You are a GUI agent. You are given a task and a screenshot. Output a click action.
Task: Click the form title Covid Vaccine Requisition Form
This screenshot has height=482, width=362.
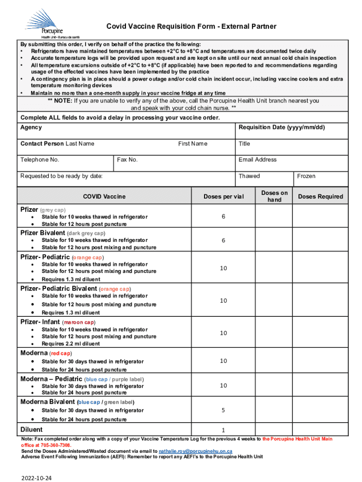(x=191, y=26)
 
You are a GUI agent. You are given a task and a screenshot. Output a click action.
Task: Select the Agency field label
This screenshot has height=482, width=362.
(x=31, y=128)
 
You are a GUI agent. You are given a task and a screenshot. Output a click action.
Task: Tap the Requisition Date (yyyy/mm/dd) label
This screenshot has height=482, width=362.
(x=281, y=128)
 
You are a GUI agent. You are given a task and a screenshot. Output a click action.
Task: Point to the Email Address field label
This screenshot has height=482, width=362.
(x=257, y=160)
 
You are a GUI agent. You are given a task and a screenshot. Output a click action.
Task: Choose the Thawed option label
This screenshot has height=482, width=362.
(x=249, y=176)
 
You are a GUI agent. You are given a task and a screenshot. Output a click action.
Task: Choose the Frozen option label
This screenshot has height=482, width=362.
(x=306, y=176)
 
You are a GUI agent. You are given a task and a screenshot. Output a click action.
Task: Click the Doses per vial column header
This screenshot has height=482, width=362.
(x=223, y=196)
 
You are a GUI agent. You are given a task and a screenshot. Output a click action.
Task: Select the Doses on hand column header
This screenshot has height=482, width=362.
(x=274, y=196)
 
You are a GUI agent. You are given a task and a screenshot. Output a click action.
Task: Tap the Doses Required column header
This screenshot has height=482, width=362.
(x=321, y=196)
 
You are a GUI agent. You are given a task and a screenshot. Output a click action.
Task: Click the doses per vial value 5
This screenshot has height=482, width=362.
(x=223, y=410)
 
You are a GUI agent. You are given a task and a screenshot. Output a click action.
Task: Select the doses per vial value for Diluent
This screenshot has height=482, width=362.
(x=223, y=430)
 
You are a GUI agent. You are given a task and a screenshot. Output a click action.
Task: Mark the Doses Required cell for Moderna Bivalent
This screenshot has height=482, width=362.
(x=321, y=410)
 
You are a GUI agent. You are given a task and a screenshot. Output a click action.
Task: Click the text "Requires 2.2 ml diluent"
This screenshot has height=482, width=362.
(x=71, y=344)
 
